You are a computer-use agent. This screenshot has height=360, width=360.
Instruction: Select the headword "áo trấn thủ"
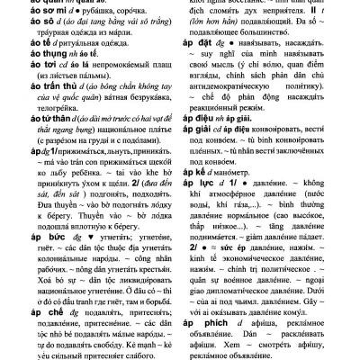point(24,109)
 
